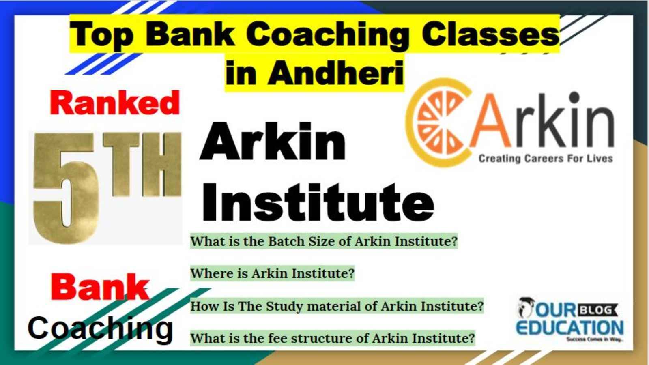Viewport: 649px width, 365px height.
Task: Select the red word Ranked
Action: pos(115,103)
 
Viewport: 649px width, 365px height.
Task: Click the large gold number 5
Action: pos(66,188)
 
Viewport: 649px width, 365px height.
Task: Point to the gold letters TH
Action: pos(142,164)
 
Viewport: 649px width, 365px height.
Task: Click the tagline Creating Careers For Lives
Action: pos(546,159)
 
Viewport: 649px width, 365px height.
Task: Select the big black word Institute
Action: pos(318,202)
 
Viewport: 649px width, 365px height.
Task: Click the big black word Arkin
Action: pos(273,142)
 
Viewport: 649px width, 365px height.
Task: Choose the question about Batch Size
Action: pos(324,241)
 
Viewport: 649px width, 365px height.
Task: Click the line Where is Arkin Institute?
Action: pos(272,273)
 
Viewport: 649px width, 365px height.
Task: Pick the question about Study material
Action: pos(337,306)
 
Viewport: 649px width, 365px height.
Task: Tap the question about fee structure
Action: pos(333,338)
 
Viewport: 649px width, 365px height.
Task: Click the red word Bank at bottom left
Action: pos(100,287)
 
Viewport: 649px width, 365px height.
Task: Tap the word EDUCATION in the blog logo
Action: pos(569,328)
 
